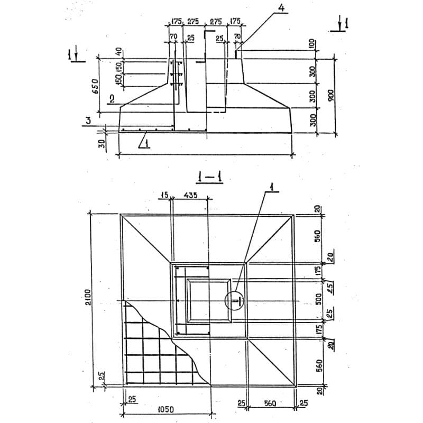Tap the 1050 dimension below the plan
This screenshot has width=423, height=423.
pyautogui.click(x=166, y=410)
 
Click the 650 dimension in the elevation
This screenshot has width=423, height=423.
pyautogui.click(x=96, y=87)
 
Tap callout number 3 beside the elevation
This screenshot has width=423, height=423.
pyautogui.click(x=88, y=121)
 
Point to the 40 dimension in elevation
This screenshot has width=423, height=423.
pyautogui.click(x=119, y=52)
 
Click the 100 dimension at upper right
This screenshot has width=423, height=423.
pyautogui.click(x=312, y=43)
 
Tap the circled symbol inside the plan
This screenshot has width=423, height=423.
pyautogui.click(x=235, y=300)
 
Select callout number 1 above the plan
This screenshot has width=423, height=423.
pyautogui.click(x=272, y=186)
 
